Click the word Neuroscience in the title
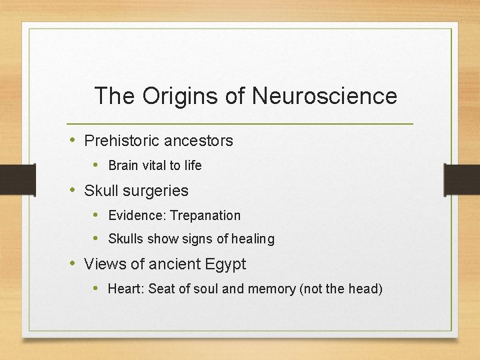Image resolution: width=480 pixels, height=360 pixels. pyautogui.click(x=325, y=96)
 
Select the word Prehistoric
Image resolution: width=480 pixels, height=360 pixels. pyautogui.click(x=121, y=141)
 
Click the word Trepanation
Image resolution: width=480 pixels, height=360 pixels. pyautogui.click(x=205, y=215)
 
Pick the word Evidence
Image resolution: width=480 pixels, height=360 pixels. pyautogui.click(x=137, y=215)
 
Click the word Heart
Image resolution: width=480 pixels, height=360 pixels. pyautogui.click(x=125, y=289)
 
